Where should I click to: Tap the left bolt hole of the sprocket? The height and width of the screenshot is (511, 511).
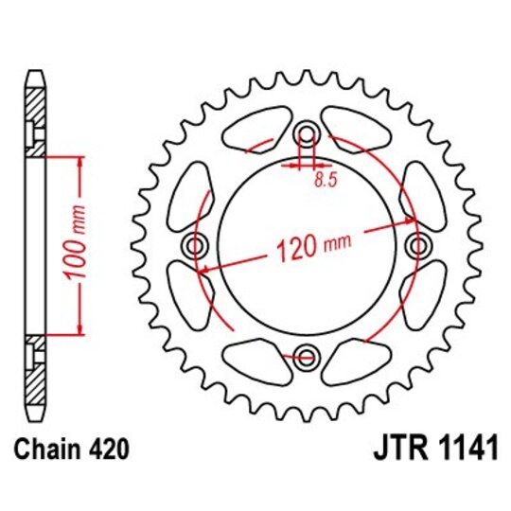(x=197, y=245)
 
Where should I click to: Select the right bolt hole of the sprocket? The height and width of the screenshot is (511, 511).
(x=418, y=245)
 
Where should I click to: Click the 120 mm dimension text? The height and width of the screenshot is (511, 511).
(x=308, y=249)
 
